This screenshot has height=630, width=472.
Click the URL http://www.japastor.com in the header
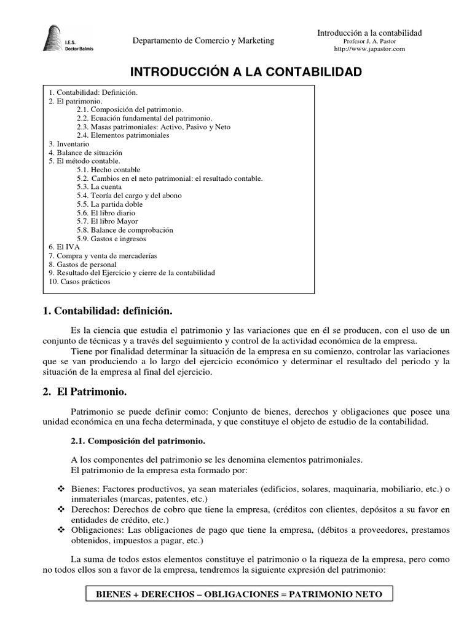[x=369, y=49]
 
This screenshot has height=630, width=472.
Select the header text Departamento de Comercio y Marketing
[x=203, y=41]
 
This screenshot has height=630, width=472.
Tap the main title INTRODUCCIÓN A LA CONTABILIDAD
[x=236, y=73]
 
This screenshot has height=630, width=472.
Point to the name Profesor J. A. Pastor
[x=369, y=41]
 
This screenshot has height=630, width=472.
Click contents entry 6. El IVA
[x=65, y=247]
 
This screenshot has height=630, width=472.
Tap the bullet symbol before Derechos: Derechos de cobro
[x=61, y=509]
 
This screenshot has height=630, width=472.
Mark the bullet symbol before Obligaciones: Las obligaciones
[x=61, y=530]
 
